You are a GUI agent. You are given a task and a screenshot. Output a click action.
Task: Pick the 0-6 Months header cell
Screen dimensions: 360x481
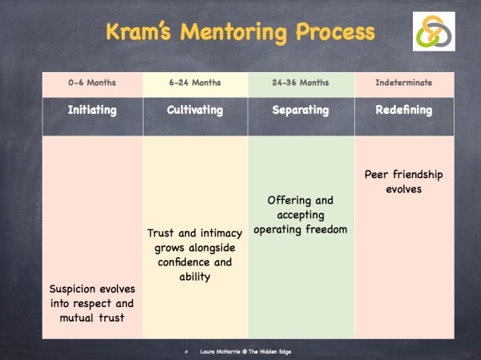(92, 83)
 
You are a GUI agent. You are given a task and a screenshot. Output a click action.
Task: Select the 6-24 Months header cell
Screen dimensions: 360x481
(196, 83)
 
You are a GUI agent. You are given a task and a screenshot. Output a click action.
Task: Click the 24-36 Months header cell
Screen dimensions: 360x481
(299, 83)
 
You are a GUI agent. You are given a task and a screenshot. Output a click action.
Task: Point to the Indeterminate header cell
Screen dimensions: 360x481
(403, 83)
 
